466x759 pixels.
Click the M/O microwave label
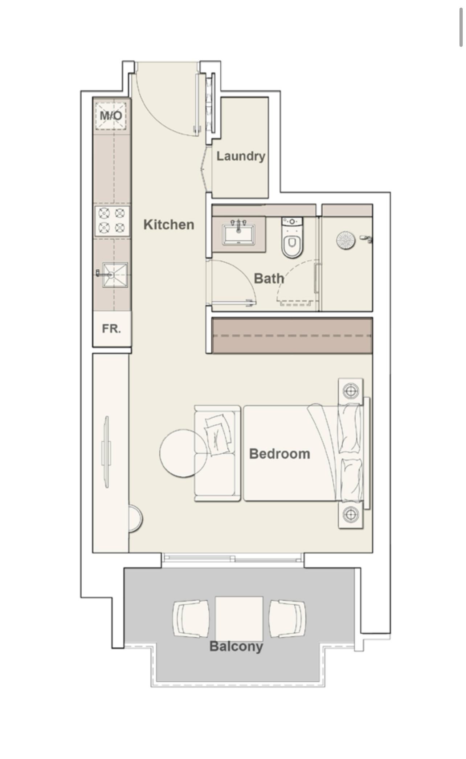pos(111,115)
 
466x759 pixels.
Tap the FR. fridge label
pos(111,329)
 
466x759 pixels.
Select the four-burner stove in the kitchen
pos(112,221)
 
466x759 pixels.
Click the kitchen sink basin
pos(115,275)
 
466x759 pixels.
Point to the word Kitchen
pos(169,224)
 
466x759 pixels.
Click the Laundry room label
pos(241,156)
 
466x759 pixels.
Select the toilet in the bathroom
pos(292,238)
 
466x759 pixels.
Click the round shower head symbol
pos(346,240)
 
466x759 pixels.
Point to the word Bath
pos(269,279)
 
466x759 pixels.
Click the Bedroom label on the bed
pos(280,454)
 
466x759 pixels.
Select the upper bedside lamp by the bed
pos(351,391)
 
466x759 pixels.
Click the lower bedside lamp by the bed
pos(351,515)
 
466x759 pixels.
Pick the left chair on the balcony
pos(191,619)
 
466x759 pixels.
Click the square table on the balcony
pos(239,619)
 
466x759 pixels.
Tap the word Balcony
pos(236,647)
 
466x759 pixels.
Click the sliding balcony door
pos(232,558)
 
